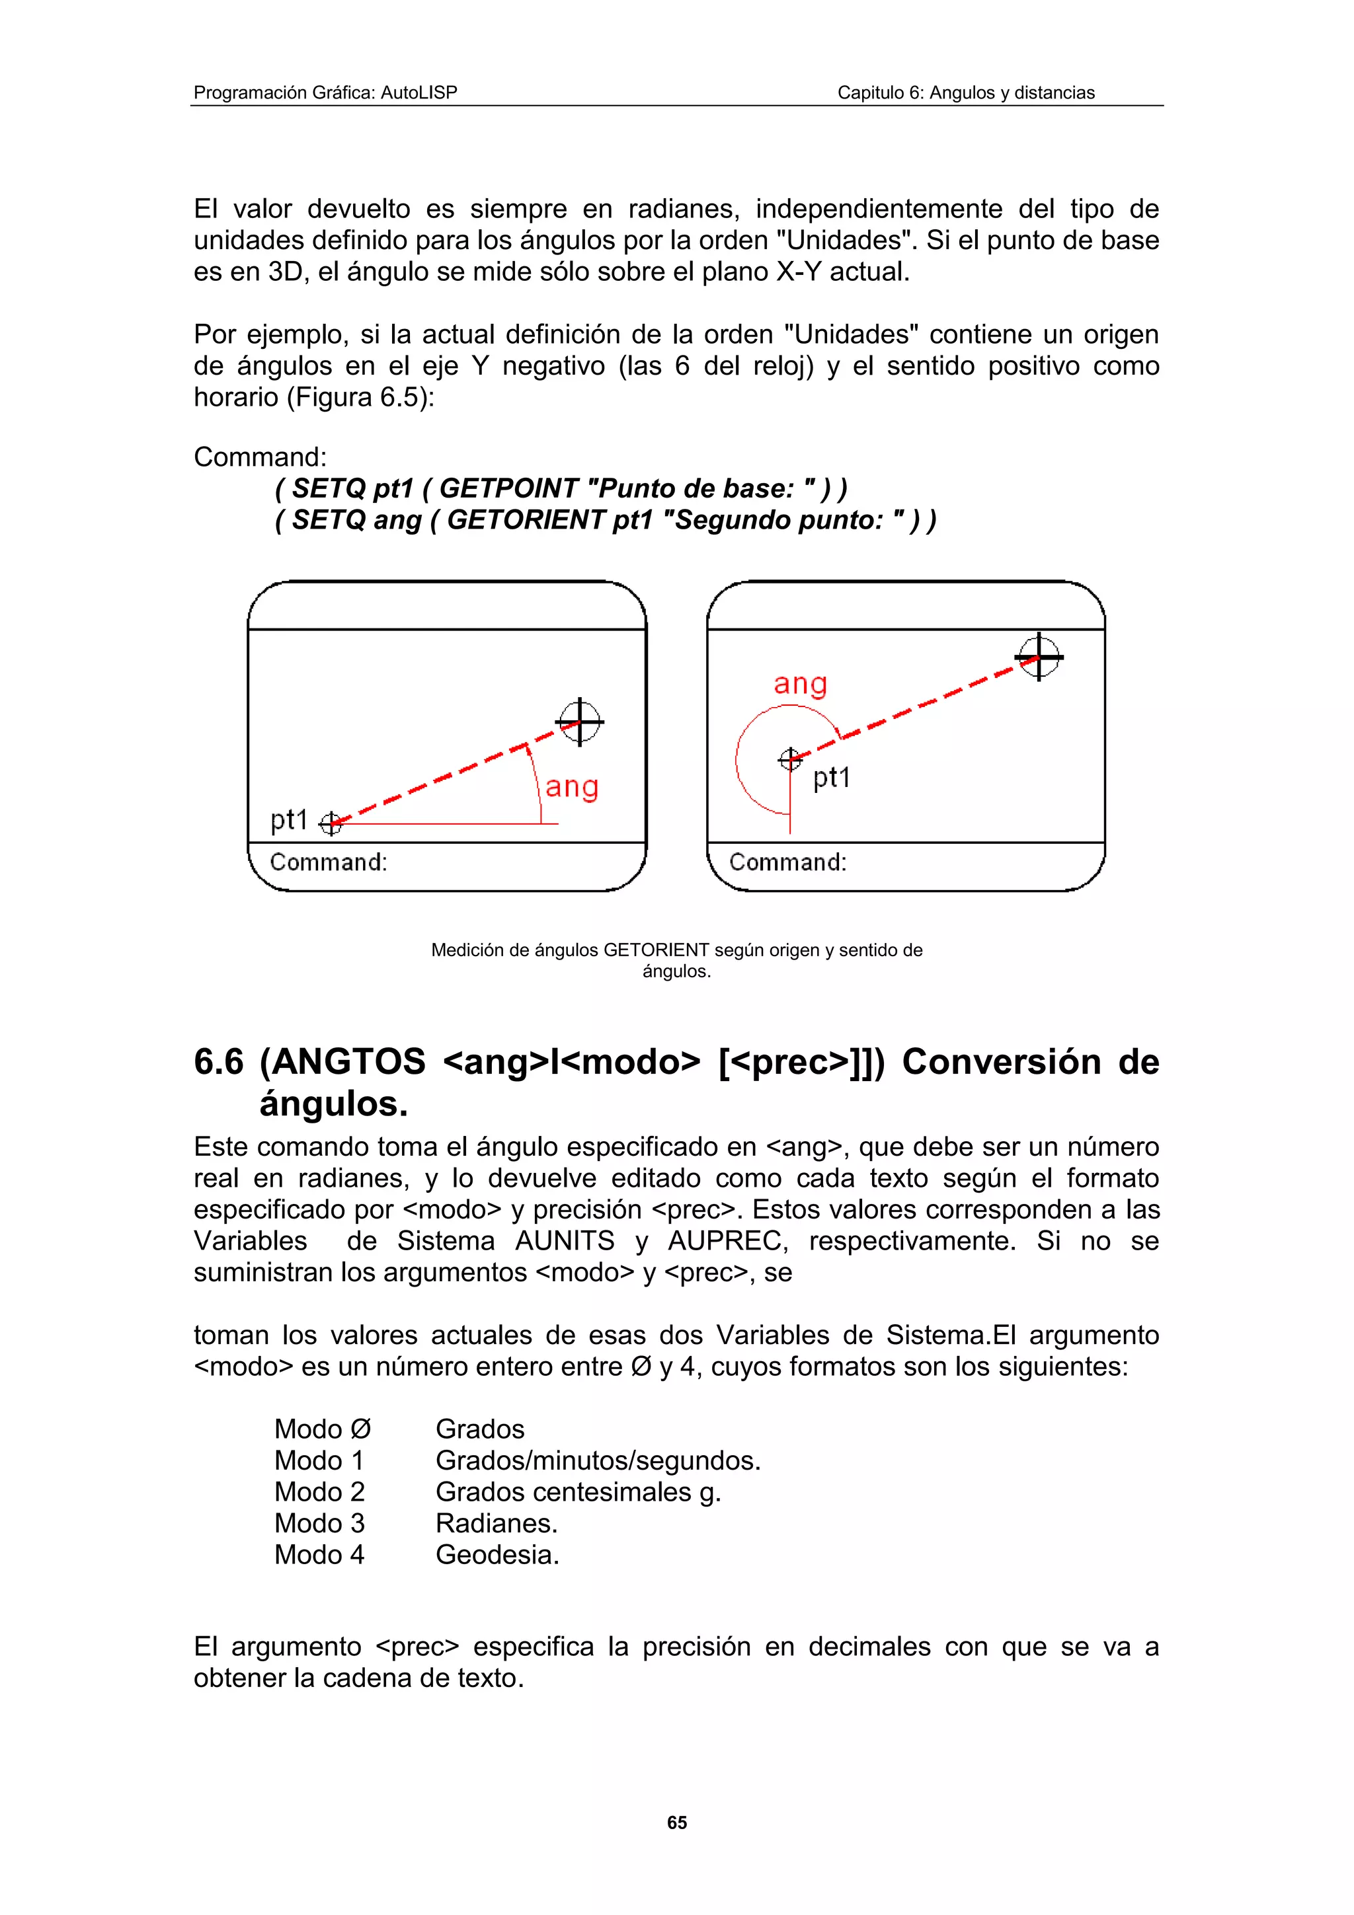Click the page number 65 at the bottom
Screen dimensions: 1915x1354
tap(676, 1822)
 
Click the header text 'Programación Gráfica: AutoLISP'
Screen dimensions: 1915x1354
tap(325, 93)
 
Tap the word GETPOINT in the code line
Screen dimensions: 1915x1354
tap(508, 488)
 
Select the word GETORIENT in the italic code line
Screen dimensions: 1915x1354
tap(526, 519)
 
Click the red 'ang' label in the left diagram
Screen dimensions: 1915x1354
tap(573, 786)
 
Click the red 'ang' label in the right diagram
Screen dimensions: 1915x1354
tap(800, 684)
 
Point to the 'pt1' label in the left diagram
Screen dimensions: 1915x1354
tap(289, 820)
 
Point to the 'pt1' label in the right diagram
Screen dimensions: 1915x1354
tap(831, 777)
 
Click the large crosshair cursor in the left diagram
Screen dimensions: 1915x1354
tap(580, 722)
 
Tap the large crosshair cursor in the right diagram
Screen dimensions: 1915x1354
tap(1039, 657)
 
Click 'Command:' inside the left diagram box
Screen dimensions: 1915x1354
tap(329, 862)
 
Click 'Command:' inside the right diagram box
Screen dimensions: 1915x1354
tap(787, 862)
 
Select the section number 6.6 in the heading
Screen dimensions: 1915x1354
tap(219, 1062)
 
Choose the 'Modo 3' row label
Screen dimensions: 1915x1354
tap(319, 1523)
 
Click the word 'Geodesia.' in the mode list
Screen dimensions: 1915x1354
tap(497, 1555)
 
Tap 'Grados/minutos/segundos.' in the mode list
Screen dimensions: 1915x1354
tap(597, 1460)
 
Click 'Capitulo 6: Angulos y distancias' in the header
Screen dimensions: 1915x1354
tap(965, 93)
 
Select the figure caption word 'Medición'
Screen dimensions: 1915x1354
tap(467, 950)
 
